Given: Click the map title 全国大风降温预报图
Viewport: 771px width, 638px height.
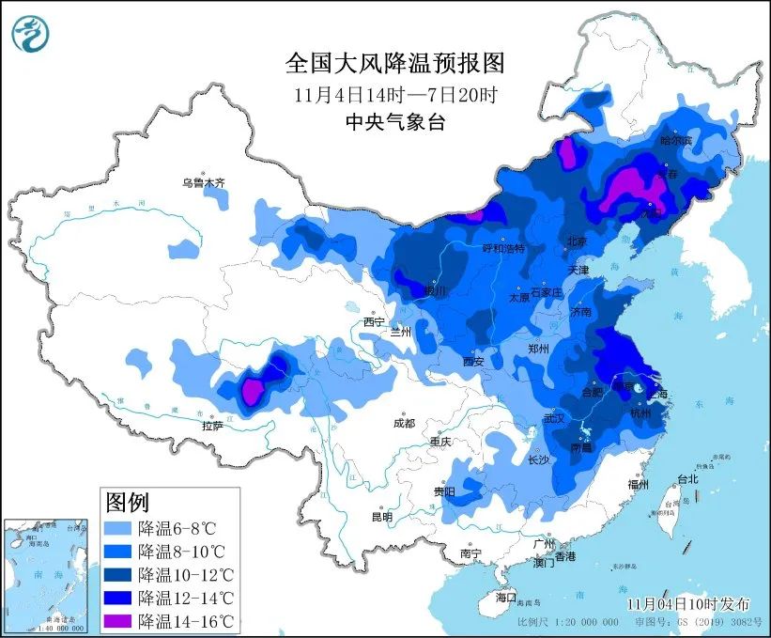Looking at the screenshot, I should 394,64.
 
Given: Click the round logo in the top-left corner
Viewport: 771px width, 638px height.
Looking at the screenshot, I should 31,33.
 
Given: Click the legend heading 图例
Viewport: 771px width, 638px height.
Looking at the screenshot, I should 127,502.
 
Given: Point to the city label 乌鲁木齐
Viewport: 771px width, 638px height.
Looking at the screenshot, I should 204,182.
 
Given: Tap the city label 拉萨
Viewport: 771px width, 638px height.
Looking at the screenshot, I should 212,426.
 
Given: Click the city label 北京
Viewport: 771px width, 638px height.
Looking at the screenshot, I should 577,241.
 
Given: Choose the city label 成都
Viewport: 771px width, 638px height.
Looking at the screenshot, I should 404,423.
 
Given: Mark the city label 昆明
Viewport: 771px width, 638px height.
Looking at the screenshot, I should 381,516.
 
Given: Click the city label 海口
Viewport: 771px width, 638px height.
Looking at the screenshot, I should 506,597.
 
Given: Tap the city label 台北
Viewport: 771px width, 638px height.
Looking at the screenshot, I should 687,478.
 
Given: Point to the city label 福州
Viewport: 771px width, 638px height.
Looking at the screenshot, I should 640,485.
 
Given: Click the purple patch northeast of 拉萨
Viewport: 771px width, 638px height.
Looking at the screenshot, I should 253,391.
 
